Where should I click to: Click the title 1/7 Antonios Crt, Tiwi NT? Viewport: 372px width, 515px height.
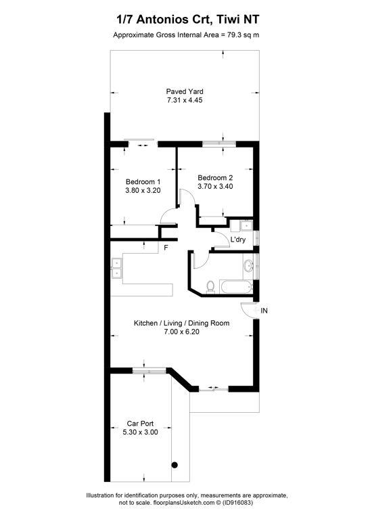pos(188,20)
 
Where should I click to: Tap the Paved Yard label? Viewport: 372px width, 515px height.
pos(185,91)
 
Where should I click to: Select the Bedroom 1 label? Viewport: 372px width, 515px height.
pos(143,181)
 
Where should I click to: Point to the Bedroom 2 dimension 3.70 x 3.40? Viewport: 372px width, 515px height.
pos(215,187)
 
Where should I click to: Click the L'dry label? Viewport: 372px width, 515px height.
pos(238,240)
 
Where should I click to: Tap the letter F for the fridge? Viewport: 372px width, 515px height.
pos(166,248)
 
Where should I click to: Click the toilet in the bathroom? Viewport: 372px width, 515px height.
pos(210,287)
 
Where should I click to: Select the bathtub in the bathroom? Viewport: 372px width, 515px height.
pos(237,287)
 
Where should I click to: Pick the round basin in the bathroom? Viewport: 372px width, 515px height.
pos(248,265)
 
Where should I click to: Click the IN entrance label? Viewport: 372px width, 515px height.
pos(264,311)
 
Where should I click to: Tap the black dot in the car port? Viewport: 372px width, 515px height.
pos(175,465)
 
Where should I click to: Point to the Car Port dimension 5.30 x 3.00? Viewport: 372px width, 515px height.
pos(140,432)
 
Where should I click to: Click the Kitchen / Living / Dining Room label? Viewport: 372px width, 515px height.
pos(181,323)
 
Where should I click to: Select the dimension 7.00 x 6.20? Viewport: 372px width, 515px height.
pos(181,332)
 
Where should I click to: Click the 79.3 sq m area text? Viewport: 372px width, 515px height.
pos(243,35)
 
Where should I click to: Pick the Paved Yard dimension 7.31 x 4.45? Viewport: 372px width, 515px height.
pos(185,100)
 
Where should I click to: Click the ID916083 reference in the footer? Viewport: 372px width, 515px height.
pos(237,503)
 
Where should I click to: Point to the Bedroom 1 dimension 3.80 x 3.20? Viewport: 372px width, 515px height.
pos(143,190)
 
